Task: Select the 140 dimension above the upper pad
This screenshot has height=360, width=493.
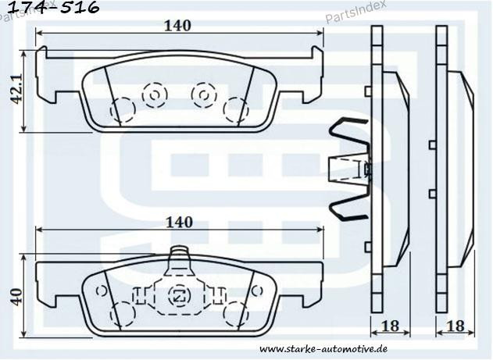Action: (x=178, y=25)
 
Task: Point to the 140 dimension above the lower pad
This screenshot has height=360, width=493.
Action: (x=178, y=222)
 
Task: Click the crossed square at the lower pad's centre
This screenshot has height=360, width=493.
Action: (x=179, y=295)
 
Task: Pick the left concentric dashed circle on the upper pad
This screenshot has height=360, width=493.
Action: (x=154, y=95)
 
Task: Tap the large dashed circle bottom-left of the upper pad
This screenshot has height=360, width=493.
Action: (x=123, y=110)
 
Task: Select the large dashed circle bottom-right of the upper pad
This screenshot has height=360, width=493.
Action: (x=235, y=110)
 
